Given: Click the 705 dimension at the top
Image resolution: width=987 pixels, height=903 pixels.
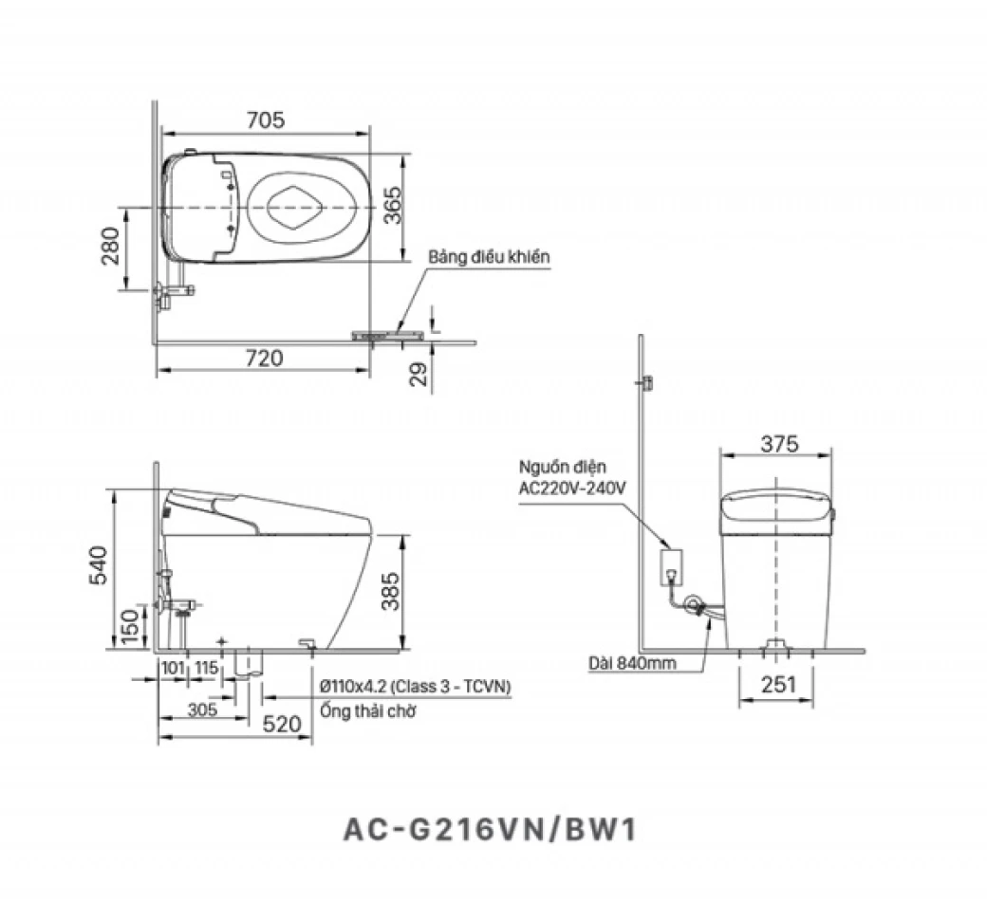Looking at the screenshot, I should pos(265,120).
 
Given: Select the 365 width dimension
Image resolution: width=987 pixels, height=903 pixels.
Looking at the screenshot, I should pos(394,205).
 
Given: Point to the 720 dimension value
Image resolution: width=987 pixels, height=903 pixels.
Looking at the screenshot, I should pos(265,359).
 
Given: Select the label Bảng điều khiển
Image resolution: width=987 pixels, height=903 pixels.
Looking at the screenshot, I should pos(488,258).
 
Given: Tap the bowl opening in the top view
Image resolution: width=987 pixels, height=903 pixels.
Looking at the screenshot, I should pos(294,205).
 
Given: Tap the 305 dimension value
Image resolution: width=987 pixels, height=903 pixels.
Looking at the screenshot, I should pos(202,709).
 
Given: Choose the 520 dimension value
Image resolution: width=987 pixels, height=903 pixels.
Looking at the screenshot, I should pos(282,725).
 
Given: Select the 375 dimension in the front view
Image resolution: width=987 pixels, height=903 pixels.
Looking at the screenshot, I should pos(778,443).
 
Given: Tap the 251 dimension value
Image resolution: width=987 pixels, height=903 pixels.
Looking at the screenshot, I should pos(776,685).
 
